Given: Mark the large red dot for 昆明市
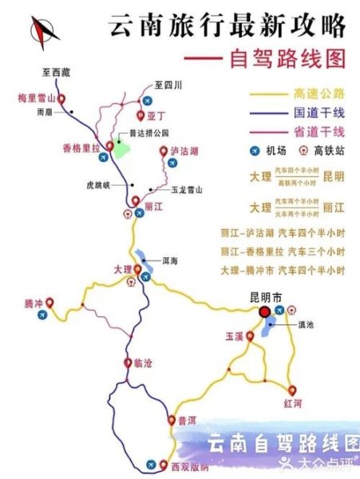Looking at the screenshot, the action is coord(263,312).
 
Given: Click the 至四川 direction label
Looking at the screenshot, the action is coord(168,84).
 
